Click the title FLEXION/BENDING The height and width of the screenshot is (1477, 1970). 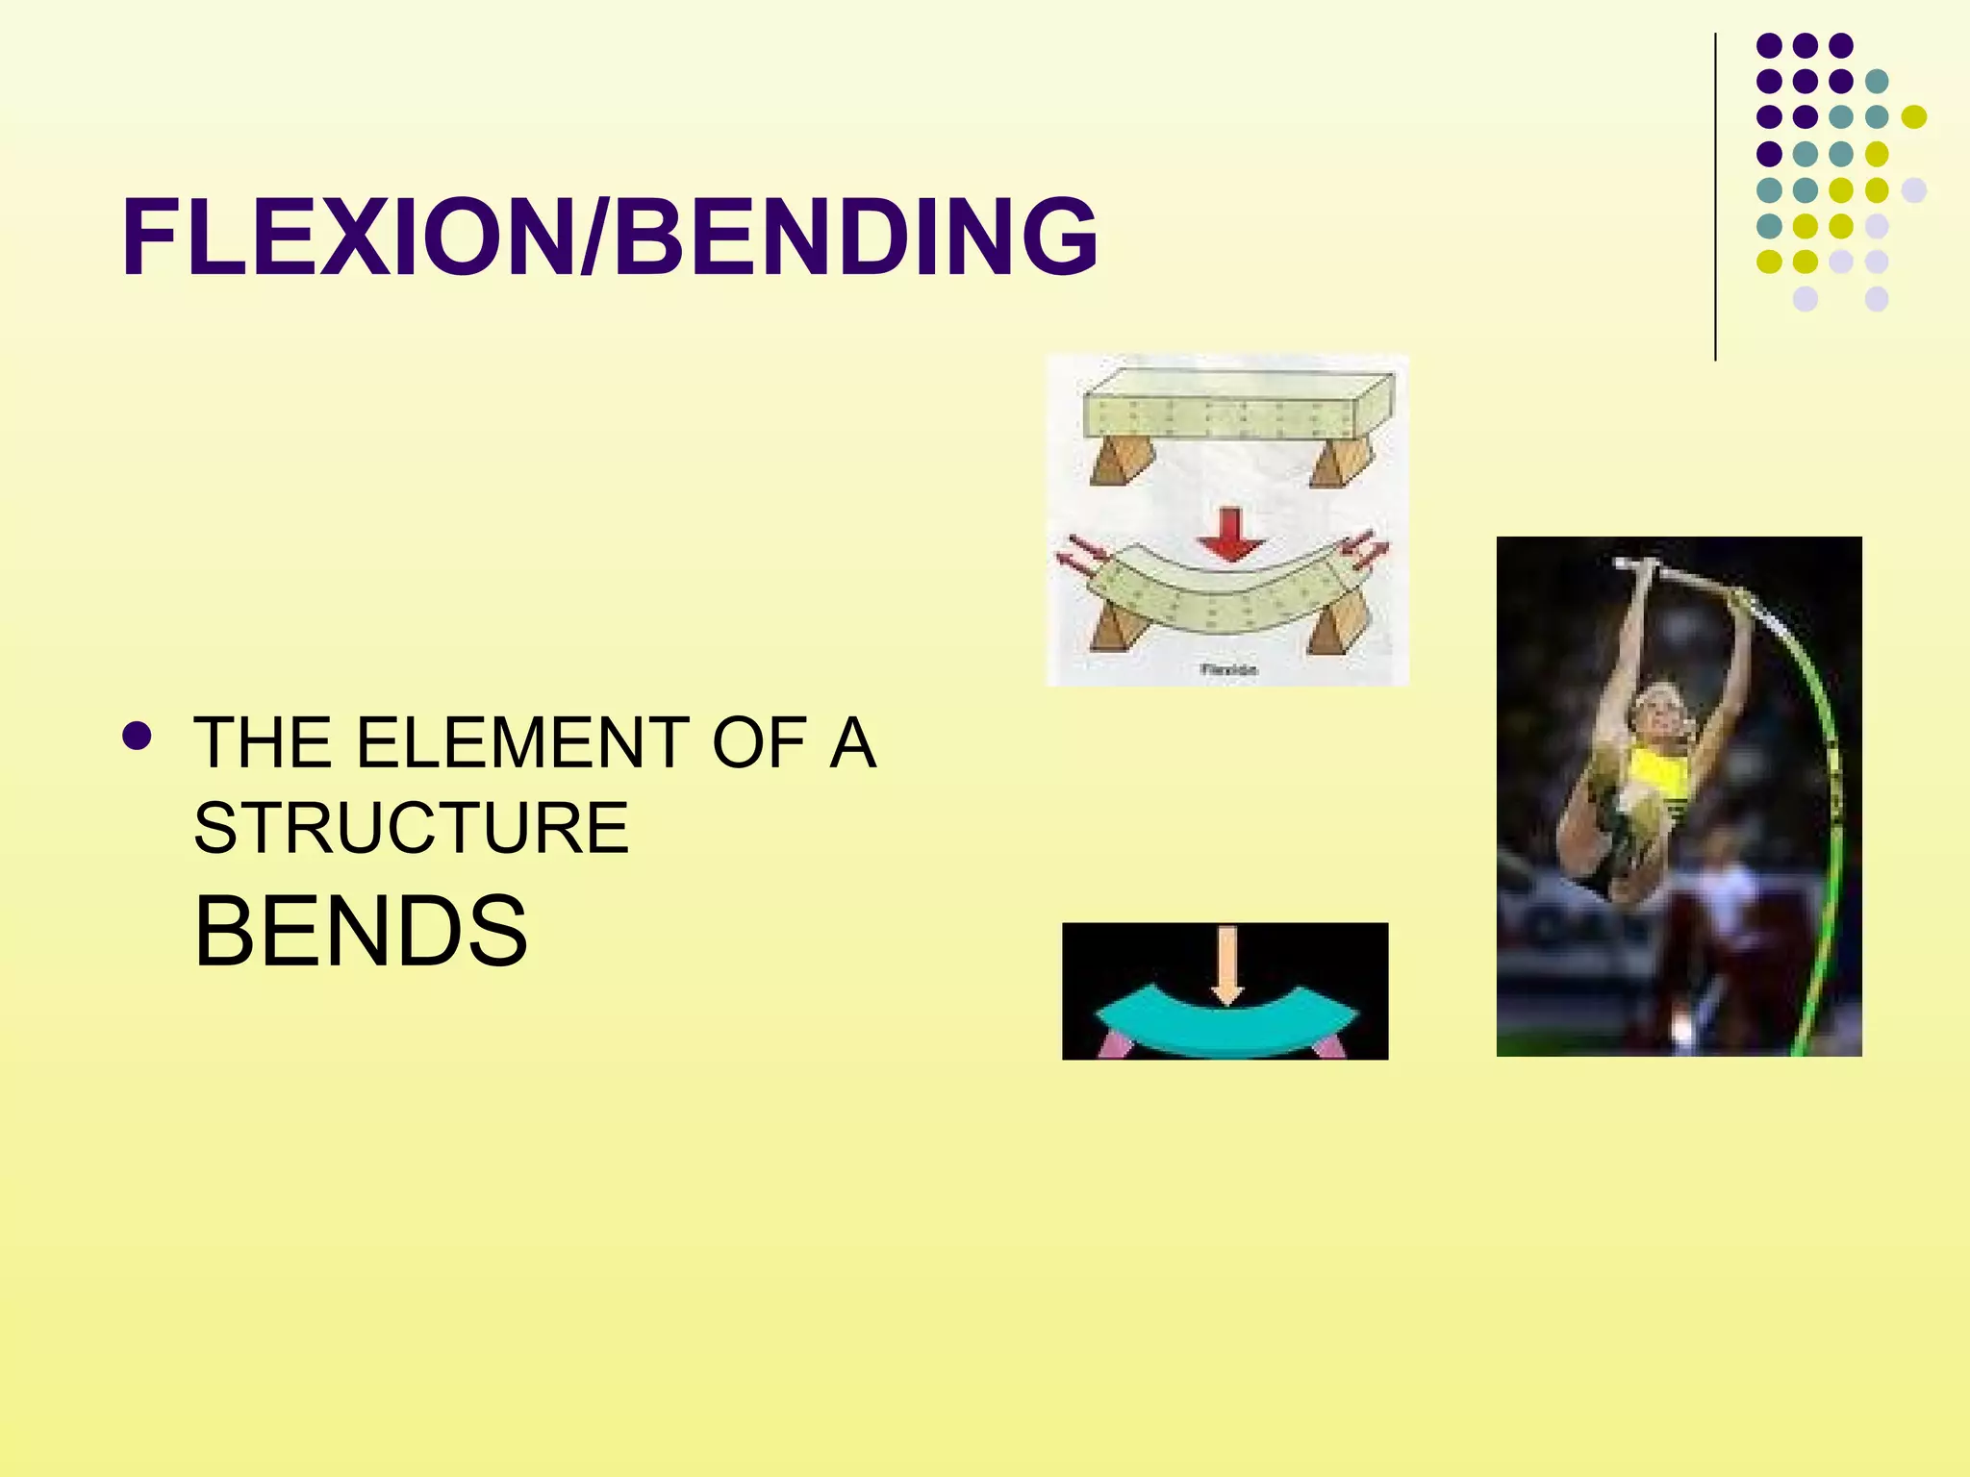(x=610, y=237)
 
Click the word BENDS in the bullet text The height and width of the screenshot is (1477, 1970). (x=361, y=930)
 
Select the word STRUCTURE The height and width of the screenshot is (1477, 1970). (x=412, y=828)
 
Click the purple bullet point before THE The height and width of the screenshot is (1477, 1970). (x=137, y=737)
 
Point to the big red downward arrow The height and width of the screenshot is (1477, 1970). (x=1230, y=535)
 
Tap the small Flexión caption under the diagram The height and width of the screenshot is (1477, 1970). (x=1228, y=669)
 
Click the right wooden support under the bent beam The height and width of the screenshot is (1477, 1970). (x=1329, y=631)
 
